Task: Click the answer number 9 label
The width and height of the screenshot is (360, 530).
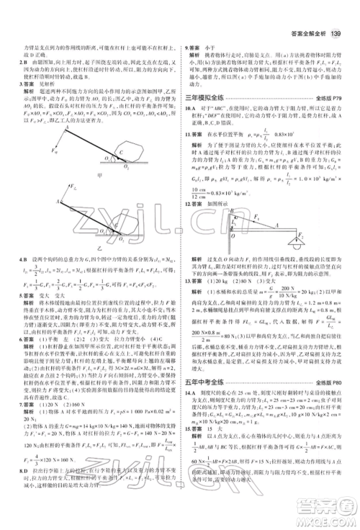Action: (189, 46)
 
